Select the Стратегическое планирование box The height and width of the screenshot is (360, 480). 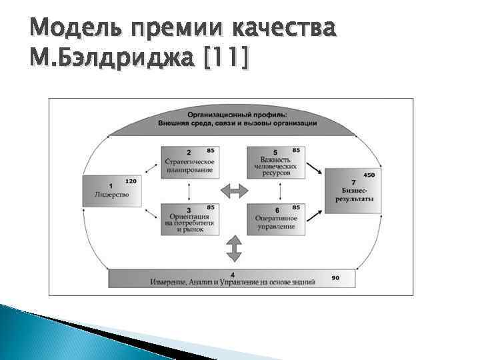pos(190,163)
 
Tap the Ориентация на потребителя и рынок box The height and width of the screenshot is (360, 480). pos(190,219)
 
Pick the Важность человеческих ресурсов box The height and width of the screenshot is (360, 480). pos(275,163)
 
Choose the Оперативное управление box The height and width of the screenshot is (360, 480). pos(275,219)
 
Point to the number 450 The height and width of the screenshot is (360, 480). pos(369,175)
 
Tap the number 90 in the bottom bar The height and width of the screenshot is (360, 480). pos(335,276)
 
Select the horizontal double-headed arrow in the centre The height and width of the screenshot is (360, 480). pos(233,191)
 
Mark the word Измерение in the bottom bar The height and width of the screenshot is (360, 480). pos(169,282)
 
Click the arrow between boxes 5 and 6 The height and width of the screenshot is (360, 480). pos(275,191)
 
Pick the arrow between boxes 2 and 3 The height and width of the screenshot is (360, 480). pos(190,191)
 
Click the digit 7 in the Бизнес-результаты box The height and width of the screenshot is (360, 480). pos(353,182)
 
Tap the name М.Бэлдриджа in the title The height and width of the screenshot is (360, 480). pos(107,60)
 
